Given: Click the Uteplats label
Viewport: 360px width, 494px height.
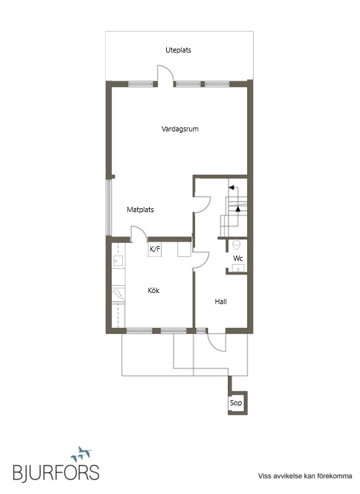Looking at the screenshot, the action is pyautogui.click(x=178, y=50).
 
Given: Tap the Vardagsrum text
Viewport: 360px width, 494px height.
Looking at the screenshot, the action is pyautogui.click(x=180, y=129).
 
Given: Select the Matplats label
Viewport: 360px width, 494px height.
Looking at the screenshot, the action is pyautogui.click(x=140, y=210).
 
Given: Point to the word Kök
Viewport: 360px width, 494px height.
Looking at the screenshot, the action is pyautogui.click(x=154, y=290).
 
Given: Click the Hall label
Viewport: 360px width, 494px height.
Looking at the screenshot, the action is pyautogui.click(x=221, y=302).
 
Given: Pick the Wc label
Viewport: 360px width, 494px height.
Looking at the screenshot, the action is pyautogui.click(x=238, y=258).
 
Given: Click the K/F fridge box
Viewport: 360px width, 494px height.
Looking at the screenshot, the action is pyautogui.click(x=154, y=249).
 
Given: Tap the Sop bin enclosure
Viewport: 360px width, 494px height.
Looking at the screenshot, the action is pyautogui.click(x=237, y=403).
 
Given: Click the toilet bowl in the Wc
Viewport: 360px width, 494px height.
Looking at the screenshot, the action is pyautogui.click(x=236, y=244).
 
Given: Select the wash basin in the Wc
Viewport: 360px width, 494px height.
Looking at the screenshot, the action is pyautogui.click(x=238, y=268).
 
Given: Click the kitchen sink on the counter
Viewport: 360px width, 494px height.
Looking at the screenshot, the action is pyautogui.click(x=118, y=261).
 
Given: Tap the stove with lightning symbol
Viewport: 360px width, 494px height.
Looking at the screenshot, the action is pyautogui.click(x=118, y=294).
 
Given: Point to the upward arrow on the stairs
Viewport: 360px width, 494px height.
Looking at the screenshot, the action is pyautogui.click(x=238, y=208).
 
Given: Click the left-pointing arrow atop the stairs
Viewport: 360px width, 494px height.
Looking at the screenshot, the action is pyautogui.click(x=232, y=187).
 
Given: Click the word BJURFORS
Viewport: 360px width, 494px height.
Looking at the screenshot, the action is pyautogui.click(x=56, y=472).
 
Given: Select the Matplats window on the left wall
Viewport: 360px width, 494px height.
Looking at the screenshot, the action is pyautogui.click(x=108, y=208).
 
